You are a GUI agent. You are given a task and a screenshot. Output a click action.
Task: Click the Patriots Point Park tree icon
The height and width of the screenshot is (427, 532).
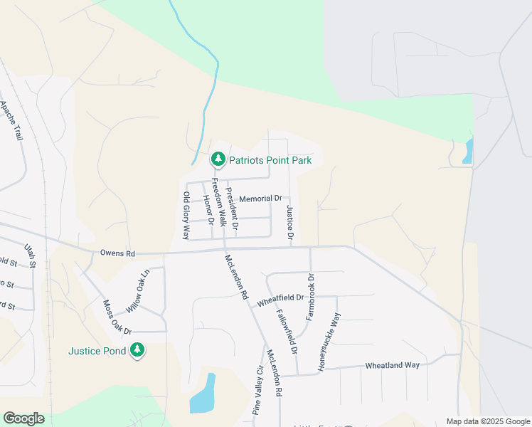pyautogui.click(x=219, y=159)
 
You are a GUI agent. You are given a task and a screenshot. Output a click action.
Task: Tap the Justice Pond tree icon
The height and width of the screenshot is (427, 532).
pyautogui.click(x=137, y=350)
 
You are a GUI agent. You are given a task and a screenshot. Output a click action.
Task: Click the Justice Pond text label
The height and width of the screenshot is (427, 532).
pyautogui.click(x=97, y=350)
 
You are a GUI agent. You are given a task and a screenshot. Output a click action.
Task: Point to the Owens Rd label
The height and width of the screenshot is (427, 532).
pyautogui.click(x=117, y=253)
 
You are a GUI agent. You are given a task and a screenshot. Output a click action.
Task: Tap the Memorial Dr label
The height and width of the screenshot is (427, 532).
pyautogui.click(x=261, y=199)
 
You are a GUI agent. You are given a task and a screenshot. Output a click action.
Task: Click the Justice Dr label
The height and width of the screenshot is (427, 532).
pyautogui.click(x=290, y=223)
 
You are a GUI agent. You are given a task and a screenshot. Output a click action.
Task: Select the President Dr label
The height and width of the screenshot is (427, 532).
pyautogui.click(x=232, y=207)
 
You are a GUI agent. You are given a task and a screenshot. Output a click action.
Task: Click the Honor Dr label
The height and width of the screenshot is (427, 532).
pyautogui.click(x=208, y=207)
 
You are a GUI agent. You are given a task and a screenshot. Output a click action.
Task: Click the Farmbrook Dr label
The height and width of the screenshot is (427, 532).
pyautogui.click(x=310, y=296)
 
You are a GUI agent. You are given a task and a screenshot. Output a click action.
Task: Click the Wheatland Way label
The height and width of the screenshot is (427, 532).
pyautogui.click(x=393, y=365)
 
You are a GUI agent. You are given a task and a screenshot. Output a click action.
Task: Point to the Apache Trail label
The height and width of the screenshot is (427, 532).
pyautogui.click(x=13, y=120)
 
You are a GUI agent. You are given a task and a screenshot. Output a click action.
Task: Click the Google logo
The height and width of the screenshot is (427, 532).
pyautogui.click(x=23, y=418)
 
